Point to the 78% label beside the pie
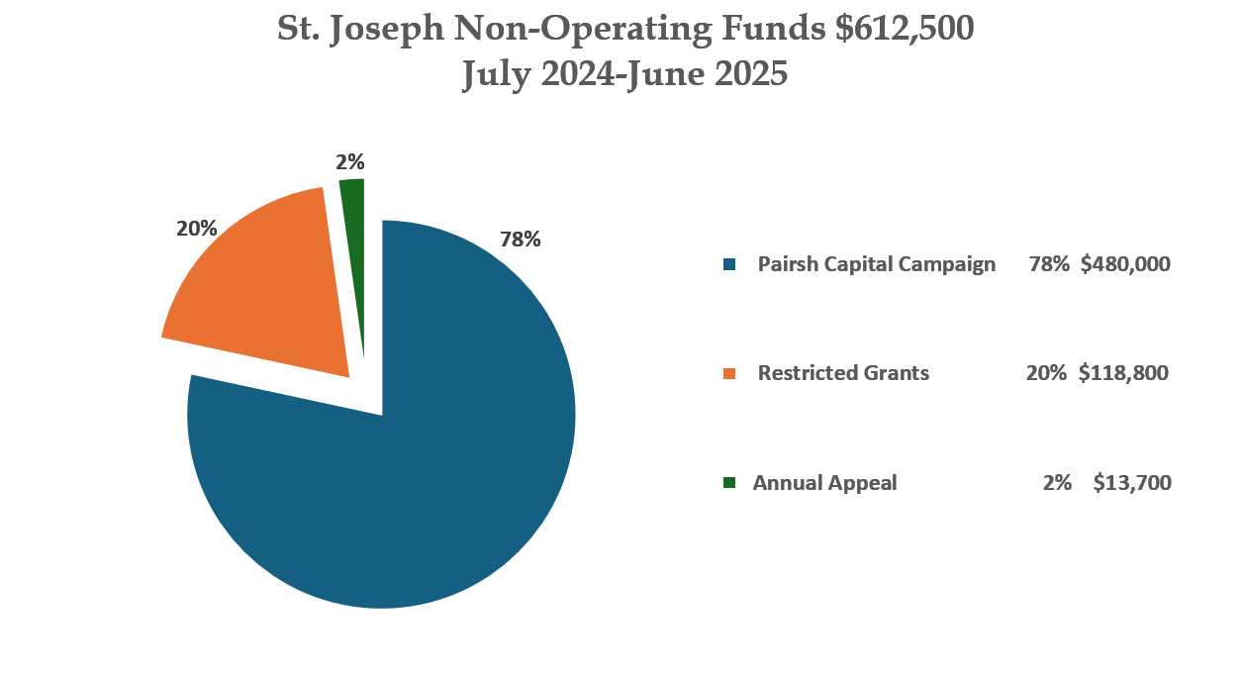pyautogui.click(x=520, y=240)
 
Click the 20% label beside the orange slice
pyautogui.click(x=196, y=229)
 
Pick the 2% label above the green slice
pyautogui.click(x=350, y=161)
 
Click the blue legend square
pyautogui.click(x=729, y=264)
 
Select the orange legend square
pyautogui.click(x=729, y=373)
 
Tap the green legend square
pyautogui.click(x=729, y=483)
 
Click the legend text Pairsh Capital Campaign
pyautogui.click(x=876, y=264)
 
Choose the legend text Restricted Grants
pyautogui.click(x=843, y=373)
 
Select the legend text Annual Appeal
pyautogui.click(x=824, y=483)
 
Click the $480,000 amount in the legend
pyautogui.click(x=1125, y=264)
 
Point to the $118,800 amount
pyautogui.click(x=1123, y=373)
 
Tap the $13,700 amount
pyautogui.click(x=1132, y=483)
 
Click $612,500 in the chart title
pyautogui.click(x=905, y=30)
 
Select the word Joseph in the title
pyautogui.click(x=385, y=30)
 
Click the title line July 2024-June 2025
pyautogui.click(x=624, y=75)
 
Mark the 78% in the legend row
pyautogui.click(x=1048, y=264)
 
